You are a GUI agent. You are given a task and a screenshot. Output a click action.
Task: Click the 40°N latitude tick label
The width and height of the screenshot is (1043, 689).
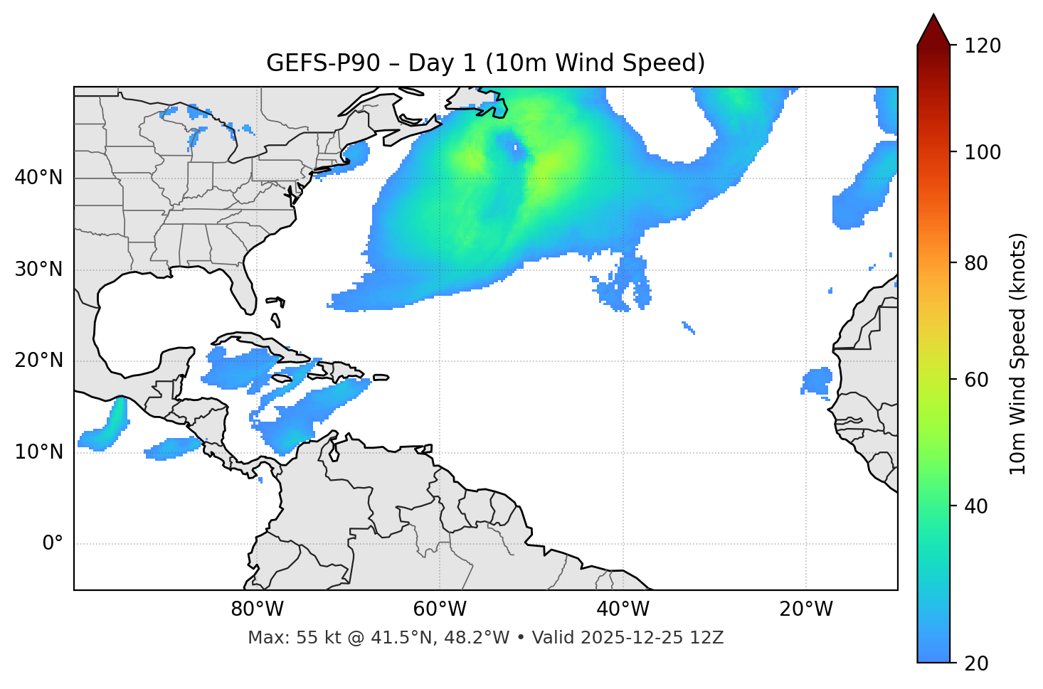[x=38, y=178]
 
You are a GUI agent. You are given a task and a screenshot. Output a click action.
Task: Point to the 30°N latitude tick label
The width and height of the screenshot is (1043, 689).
[x=38, y=269]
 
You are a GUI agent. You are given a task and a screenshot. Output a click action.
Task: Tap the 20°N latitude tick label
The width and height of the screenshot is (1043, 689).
[x=38, y=360]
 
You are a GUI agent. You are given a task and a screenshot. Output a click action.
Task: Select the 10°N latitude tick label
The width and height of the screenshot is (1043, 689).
[x=38, y=452]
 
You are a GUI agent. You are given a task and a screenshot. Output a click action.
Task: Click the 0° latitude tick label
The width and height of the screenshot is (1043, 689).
[x=53, y=544]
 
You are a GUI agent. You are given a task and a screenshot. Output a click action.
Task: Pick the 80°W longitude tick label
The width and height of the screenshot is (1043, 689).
[x=257, y=609]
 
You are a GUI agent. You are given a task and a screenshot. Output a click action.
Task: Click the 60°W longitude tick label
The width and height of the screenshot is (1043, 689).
[x=440, y=609]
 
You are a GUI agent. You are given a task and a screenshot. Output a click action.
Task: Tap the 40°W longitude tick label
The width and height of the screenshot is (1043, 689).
[x=623, y=609]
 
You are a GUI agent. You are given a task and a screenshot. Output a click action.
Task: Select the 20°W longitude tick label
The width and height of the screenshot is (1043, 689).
[x=806, y=609]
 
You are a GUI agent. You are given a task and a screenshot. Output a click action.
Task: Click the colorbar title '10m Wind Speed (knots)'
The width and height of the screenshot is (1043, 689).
[x=1018, y=354]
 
